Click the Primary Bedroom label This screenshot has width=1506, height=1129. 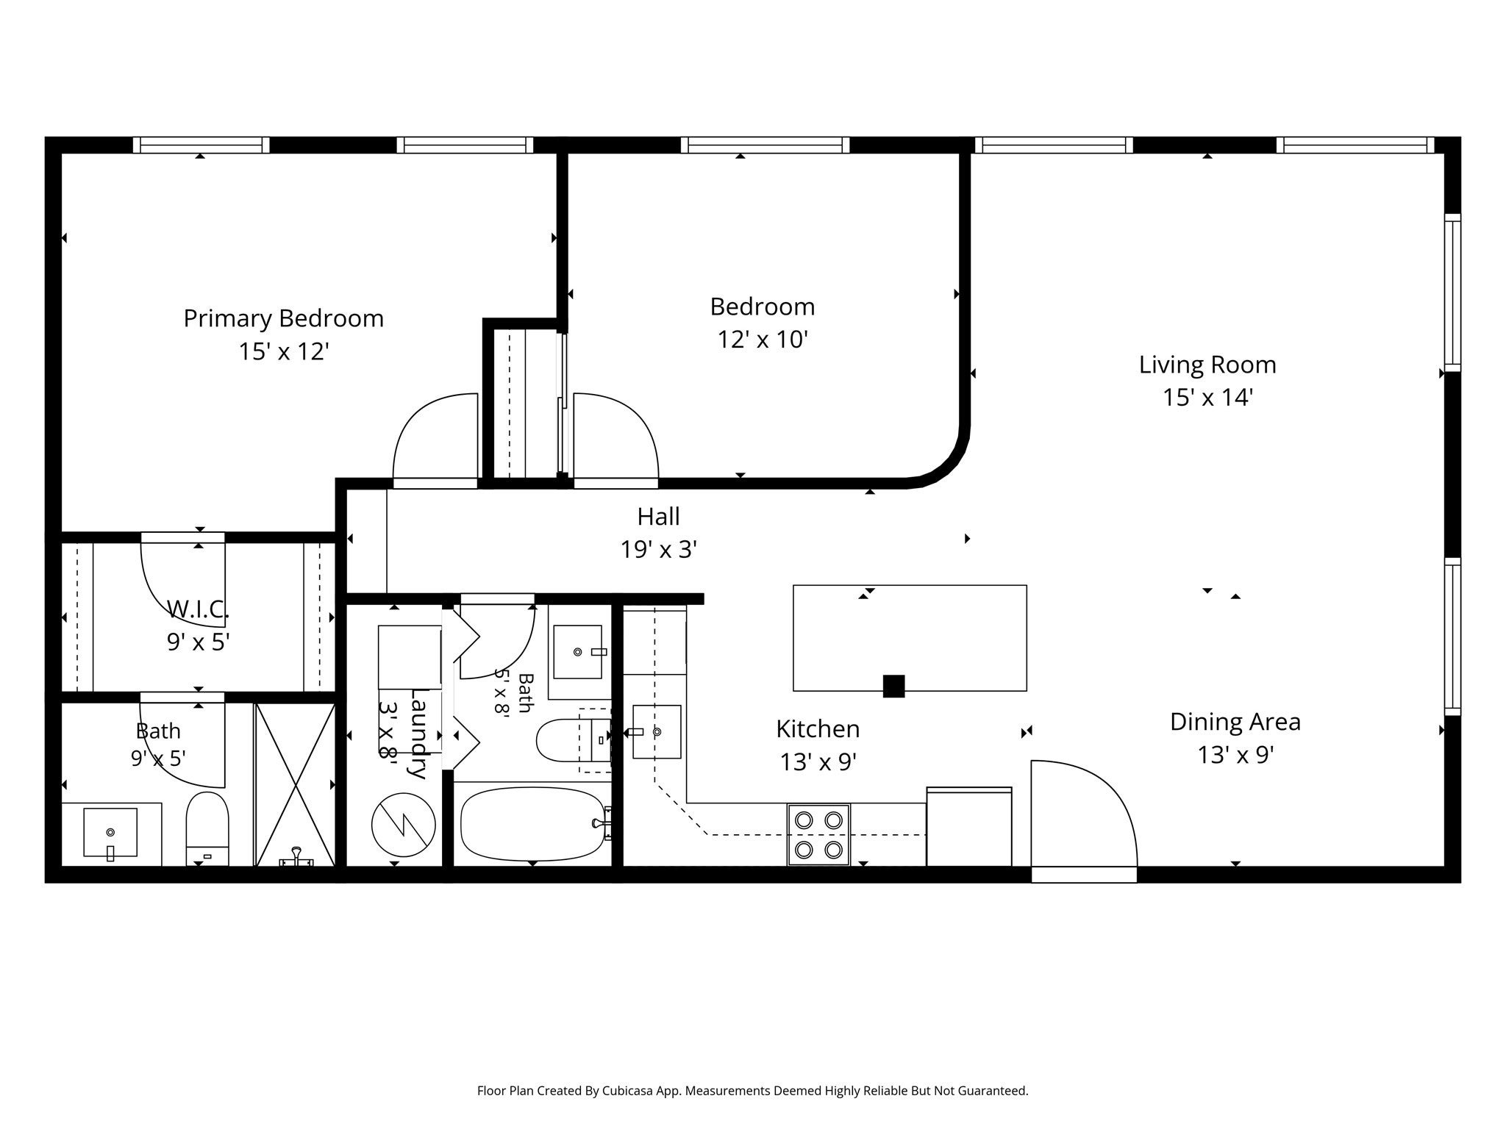coord(283,318)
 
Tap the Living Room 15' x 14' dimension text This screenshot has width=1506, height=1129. coord(1207,398)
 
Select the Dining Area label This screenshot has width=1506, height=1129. coord(1235,722)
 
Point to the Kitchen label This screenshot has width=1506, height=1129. coord(818,728)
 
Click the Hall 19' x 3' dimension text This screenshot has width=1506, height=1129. coord(659,549)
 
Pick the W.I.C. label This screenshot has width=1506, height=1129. coord(199,609)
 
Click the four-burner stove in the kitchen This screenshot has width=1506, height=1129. coord(818,834)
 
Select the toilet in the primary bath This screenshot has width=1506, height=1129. coord(207,828)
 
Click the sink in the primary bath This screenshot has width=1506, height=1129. coord(110,833)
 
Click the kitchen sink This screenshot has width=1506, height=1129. coord(657,732)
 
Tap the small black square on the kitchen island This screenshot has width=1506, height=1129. coord(893,686)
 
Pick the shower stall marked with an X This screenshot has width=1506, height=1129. coord(295,784)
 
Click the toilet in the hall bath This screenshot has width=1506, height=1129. coord(574,740)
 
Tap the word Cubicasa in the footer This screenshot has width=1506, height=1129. coord(629,1091)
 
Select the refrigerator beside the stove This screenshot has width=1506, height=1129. coord(969,826)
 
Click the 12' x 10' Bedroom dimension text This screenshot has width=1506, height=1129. coord(763,340)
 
